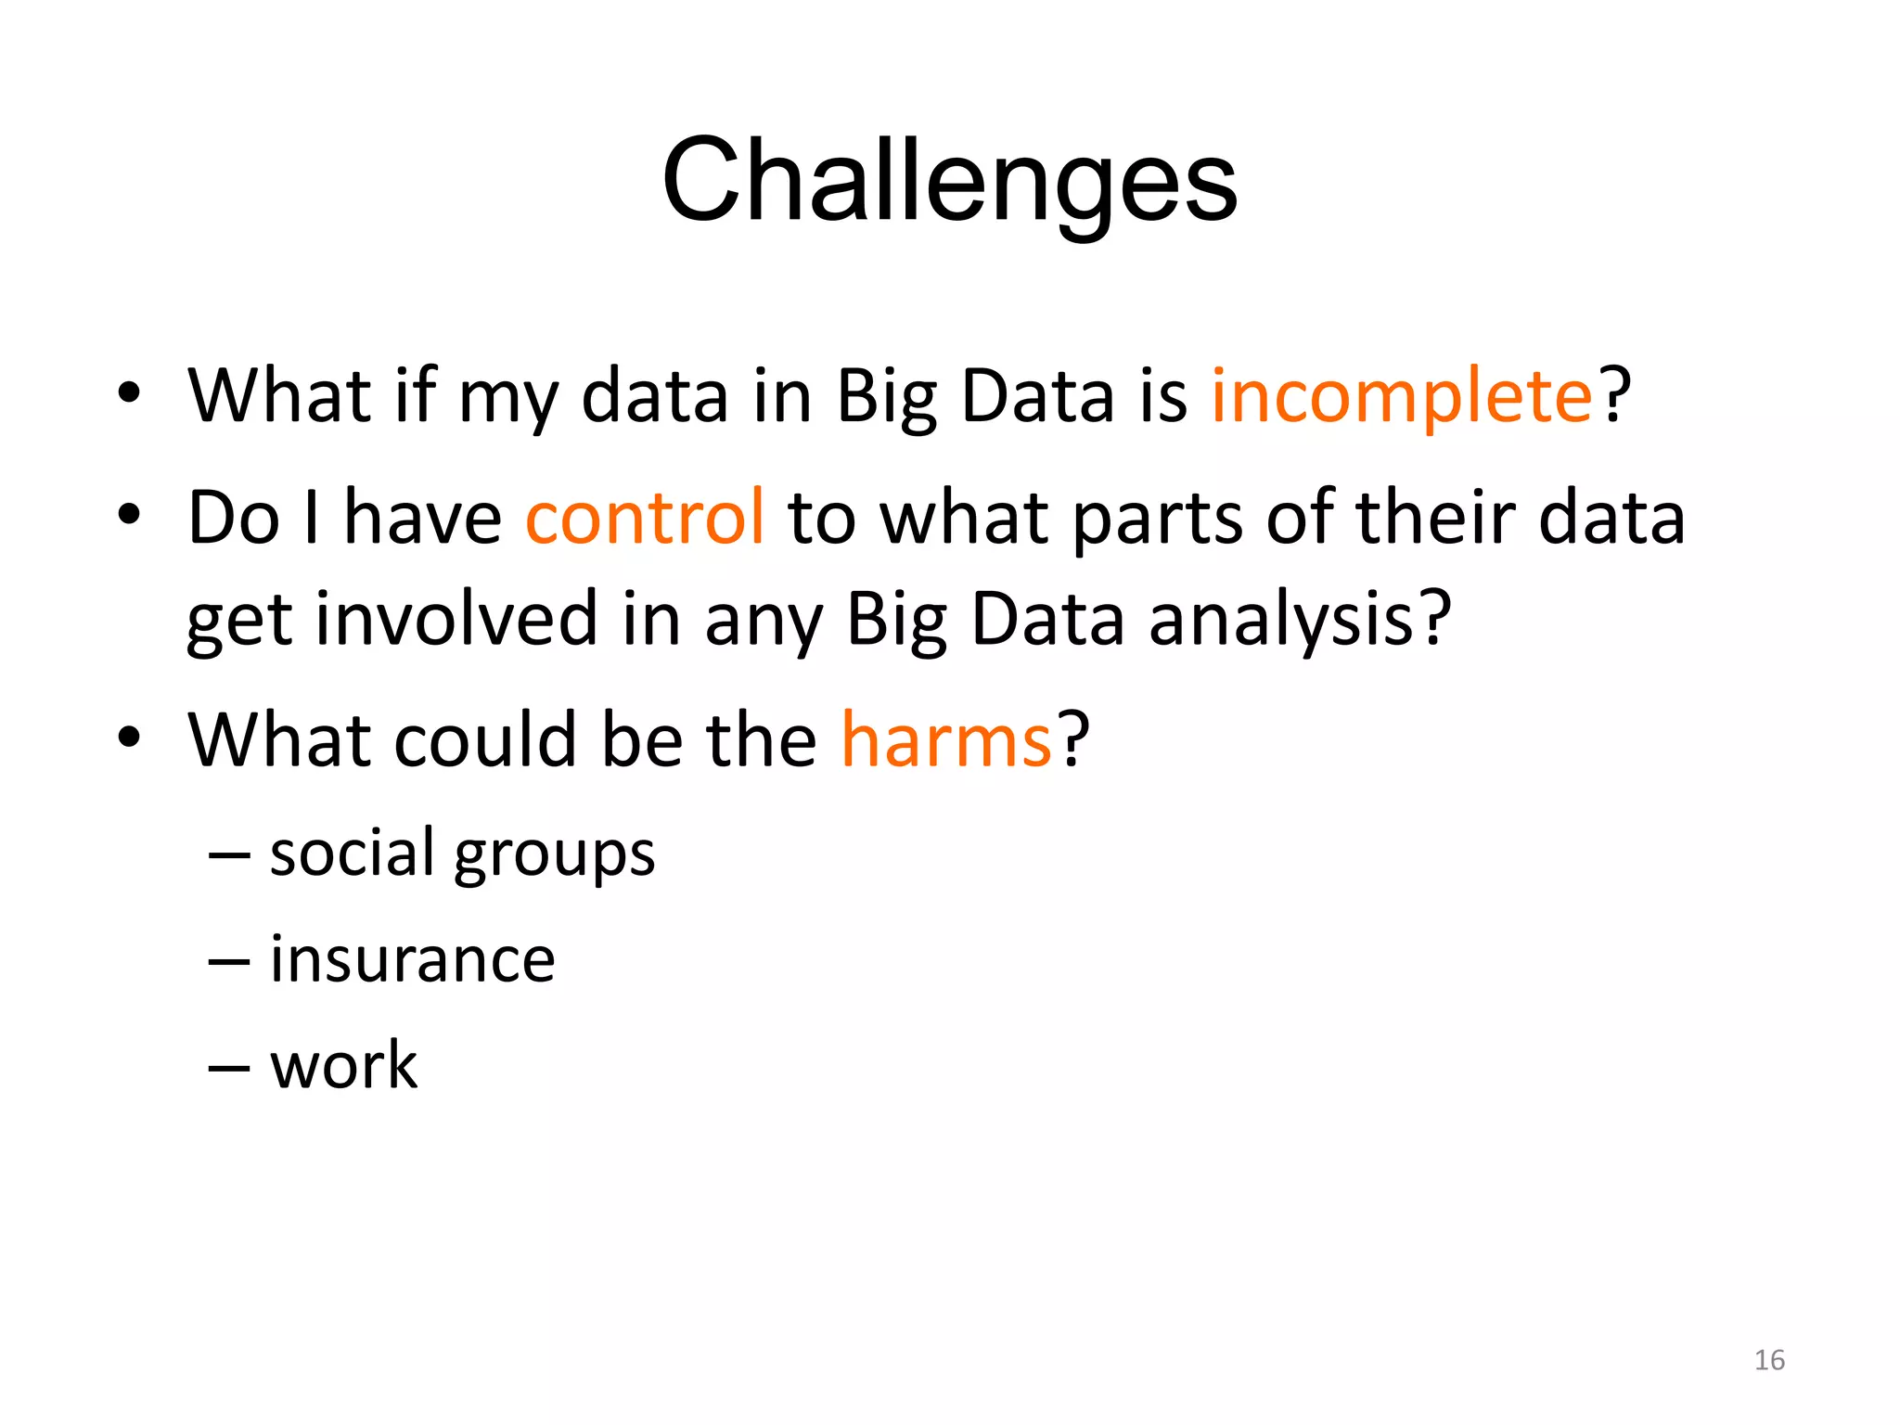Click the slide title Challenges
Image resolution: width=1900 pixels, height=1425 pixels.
949,181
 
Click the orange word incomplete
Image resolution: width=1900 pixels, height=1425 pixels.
1401,396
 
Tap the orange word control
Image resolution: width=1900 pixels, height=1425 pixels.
645,517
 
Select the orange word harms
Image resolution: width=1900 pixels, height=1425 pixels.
946,740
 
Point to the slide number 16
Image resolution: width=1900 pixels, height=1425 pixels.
1769,1360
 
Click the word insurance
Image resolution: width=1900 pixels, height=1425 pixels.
413,959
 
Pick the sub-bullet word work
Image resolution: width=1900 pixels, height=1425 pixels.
343,1065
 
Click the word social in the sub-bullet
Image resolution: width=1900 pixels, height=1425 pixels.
352,853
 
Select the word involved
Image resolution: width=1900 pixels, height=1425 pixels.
456,620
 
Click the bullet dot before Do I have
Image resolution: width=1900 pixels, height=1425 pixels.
129,514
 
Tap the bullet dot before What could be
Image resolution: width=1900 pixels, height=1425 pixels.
129,738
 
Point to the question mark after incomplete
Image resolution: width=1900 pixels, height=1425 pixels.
1614,394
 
